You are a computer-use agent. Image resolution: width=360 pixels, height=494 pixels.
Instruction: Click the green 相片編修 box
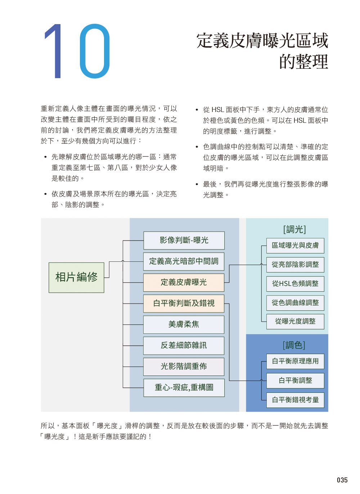(76, 278)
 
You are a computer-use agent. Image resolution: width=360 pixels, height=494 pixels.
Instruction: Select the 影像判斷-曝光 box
(184, 240)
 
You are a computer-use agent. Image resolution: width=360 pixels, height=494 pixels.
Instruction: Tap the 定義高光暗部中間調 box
(184, 261)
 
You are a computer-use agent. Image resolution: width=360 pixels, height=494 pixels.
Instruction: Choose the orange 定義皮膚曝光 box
(184, 283)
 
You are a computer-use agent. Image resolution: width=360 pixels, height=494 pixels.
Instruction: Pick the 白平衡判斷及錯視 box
(184, 304)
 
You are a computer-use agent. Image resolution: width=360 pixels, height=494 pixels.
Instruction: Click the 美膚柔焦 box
(184, 324)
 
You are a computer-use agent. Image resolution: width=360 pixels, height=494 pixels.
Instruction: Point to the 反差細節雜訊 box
(184, 346)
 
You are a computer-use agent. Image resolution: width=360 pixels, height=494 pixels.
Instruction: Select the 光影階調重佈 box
(184, 367)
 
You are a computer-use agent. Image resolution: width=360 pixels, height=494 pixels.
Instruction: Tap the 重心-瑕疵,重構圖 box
(184, 388)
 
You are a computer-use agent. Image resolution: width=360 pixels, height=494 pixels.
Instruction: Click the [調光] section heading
(294, 229)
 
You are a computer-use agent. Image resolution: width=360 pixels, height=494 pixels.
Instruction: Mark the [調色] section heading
(294, 345)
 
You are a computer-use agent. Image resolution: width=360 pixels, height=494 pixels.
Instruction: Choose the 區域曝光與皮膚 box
(295, 246)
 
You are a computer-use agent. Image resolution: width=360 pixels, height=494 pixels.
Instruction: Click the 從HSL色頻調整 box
(295, 284)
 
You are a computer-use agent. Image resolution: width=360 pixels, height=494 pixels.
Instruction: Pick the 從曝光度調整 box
(295, 322)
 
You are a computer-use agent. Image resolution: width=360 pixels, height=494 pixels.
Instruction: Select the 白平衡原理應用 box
(295, 361)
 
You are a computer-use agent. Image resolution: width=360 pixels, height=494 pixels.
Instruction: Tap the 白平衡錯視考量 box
(295, 400)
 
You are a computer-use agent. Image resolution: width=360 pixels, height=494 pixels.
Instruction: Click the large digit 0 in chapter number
(95, 51)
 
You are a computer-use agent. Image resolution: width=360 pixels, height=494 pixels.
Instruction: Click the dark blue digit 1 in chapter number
(54, 51)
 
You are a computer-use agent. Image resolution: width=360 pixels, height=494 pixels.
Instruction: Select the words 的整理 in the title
(304, 62)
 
